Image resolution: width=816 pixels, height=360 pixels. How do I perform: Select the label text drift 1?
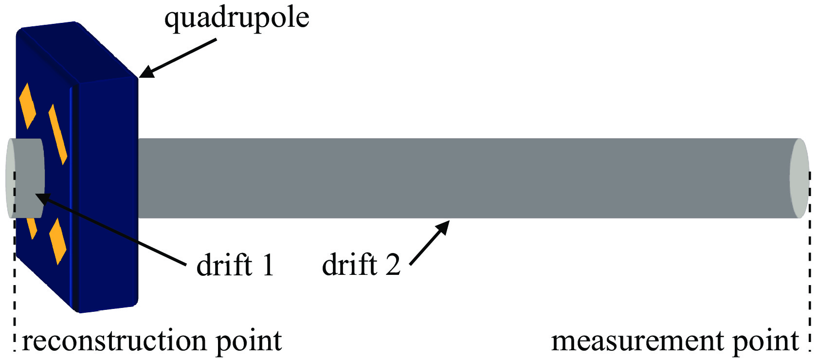point(235,265)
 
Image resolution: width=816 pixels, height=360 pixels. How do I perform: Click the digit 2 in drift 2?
point(393,265)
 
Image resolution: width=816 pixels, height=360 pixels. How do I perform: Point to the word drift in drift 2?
point(349,265)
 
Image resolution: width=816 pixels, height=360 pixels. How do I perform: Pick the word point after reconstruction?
point(249,342)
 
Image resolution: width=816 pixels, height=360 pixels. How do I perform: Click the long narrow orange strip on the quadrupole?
point(57,134)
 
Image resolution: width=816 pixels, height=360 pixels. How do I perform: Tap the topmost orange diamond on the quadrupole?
point(27,106)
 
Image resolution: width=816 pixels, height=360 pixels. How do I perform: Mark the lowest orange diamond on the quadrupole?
point(58,241)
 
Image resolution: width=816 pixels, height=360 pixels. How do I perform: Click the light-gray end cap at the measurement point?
point(799,178)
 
